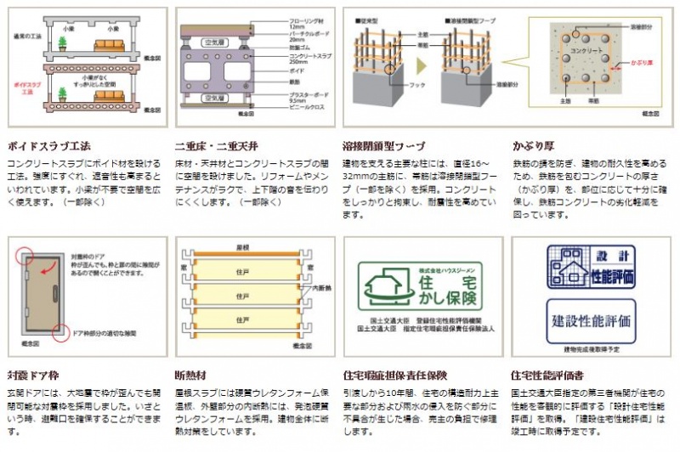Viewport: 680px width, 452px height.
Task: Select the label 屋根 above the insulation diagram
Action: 242,246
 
